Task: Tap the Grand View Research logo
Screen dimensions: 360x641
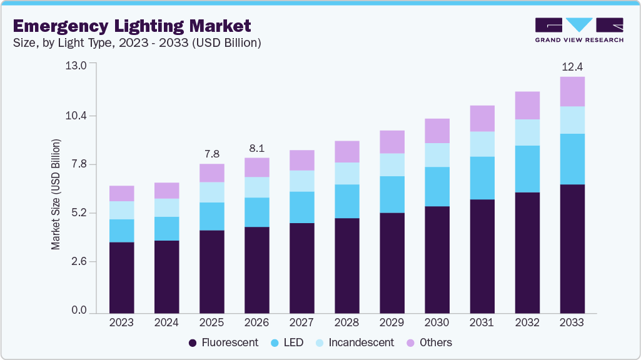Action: click(579, 29)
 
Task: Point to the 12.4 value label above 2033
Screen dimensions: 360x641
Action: click(572, 66)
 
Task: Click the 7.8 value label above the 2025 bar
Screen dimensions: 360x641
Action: click(211, 154)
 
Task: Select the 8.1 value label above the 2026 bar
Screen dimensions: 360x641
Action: click(256, 148)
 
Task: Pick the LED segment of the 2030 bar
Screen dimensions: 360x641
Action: click(437, 186)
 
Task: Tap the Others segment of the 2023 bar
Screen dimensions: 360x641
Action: click(121, 193)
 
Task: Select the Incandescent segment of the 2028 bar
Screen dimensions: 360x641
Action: click(346, 173)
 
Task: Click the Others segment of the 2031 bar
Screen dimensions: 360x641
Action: click(482, 118)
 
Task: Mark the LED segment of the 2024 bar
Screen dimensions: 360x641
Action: click(166, 229)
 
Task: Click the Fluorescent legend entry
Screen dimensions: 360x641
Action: click(223, 342)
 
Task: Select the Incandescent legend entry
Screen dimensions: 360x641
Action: click(355, 342)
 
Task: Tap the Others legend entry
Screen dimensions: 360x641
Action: click(430, 342)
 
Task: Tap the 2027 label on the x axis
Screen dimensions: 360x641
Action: click(301, 323)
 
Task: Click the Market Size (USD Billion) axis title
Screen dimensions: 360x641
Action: click(56, 195)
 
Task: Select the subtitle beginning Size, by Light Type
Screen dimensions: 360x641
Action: click(136, 43)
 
